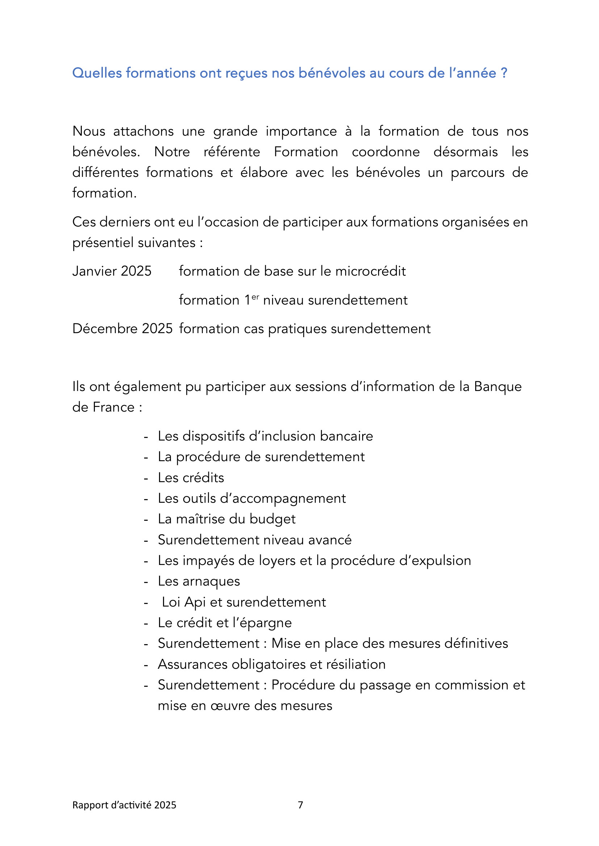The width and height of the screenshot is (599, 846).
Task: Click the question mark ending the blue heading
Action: [x=504, y=73]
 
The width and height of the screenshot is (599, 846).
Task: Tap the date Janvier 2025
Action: [x=112, y=271]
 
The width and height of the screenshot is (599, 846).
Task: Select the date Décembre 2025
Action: [x=122, y=329]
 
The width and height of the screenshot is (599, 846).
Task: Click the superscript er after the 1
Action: [x=255, y=297]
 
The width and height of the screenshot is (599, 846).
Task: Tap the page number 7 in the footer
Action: [x=300, y=805]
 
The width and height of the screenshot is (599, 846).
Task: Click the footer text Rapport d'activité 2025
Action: [x=124, y=805]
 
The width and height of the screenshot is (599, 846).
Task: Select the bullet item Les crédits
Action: [x=191, y=477]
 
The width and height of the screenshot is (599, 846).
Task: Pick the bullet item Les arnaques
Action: [x=199, y=581]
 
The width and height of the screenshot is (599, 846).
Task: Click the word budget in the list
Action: [x=272, y=519]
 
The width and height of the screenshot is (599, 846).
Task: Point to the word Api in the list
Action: [x=195, y=602]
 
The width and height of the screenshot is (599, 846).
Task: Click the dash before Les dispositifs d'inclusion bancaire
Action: [x=146, y=437]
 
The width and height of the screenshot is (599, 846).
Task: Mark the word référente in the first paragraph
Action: [x=232, y=152]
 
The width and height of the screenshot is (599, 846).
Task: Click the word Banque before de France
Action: [x=498, y=387]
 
